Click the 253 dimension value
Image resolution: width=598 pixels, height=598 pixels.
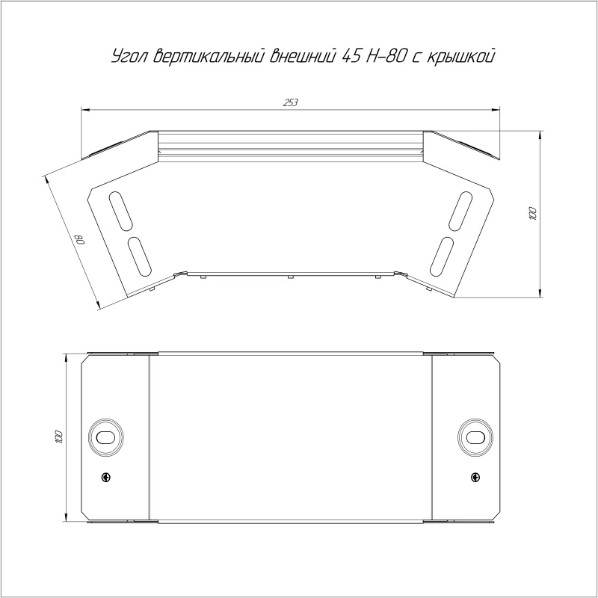[290, 102]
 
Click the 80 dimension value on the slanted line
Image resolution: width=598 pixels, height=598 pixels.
[80, 239]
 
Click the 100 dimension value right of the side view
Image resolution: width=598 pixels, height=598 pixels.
[532, 214]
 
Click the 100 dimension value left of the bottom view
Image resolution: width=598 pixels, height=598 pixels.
[58, 437]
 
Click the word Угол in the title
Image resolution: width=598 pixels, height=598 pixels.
[129, 57]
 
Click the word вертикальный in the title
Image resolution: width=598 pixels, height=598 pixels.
[209, 56]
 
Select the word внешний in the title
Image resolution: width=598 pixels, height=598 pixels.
[303, 56]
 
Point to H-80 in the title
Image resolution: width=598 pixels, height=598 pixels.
[385, 56]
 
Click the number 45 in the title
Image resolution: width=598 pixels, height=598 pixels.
[351, 56]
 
